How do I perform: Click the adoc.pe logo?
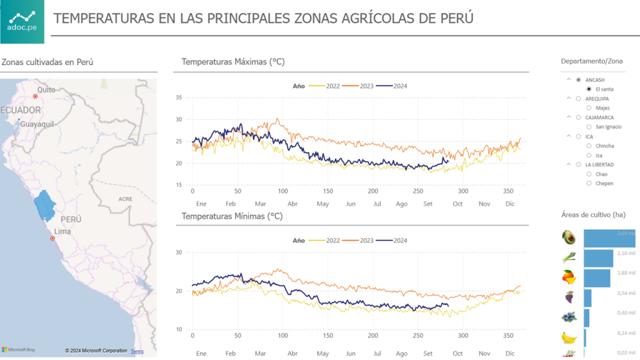22,22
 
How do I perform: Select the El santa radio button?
589,89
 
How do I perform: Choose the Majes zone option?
589,108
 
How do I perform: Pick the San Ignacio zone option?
589,127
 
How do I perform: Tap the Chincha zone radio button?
589,146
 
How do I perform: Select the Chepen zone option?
589,184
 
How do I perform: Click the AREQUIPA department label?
597,99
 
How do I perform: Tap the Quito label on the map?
46,90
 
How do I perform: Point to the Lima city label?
62,231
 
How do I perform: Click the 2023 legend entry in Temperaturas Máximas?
366,86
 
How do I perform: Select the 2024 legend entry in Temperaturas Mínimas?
400,240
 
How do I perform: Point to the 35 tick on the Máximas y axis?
179,97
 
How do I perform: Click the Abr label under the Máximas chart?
292,204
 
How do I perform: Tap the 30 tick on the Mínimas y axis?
179,252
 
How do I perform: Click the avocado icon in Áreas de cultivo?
568,237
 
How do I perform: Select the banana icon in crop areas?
569,337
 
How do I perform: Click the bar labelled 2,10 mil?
598,258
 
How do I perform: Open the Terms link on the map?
137,351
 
